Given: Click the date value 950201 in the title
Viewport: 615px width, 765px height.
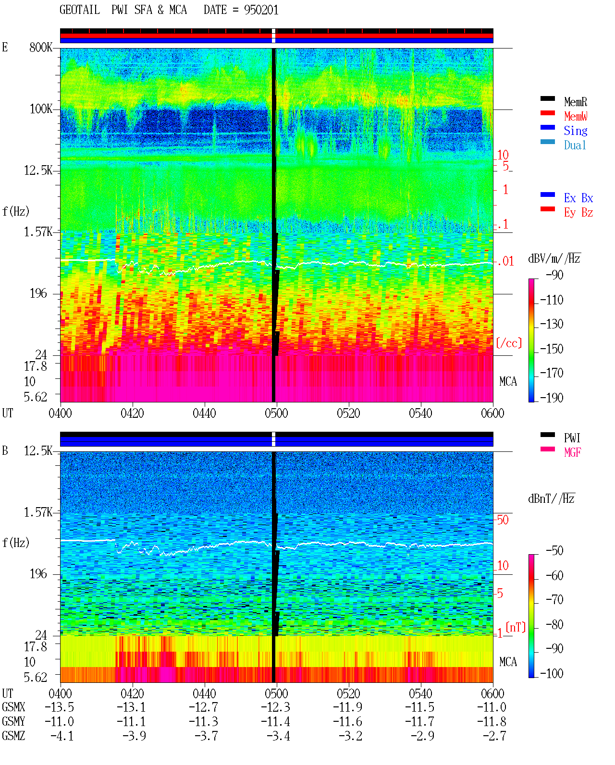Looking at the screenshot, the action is (261, 10).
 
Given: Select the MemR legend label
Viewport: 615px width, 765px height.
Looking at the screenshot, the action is (575, 102).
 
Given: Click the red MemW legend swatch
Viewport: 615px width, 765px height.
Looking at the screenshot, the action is (547, 113).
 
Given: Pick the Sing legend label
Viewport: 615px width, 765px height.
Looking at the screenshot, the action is (575, 131).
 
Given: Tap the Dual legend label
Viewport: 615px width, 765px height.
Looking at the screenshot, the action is (575, 145).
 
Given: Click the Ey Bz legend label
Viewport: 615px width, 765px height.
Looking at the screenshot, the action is (578, 212).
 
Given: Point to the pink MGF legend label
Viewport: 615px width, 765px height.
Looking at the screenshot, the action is (572, 452).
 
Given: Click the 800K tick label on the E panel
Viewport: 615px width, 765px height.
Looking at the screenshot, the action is (41, 47).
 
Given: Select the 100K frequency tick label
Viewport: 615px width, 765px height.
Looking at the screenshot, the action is (41, 109).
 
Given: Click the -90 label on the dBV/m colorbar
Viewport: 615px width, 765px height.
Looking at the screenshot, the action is (554, 275).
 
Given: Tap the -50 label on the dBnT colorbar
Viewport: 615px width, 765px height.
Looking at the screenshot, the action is (554, 551).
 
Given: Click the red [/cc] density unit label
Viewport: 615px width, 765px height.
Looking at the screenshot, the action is (509, 343).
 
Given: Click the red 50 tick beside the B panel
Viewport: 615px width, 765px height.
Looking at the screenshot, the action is (503, 520).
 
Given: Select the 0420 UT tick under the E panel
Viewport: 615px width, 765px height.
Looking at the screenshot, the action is (132, 413).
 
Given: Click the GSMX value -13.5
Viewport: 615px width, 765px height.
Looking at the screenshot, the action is (60, 707).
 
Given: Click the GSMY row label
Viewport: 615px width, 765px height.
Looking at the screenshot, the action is (13, 721).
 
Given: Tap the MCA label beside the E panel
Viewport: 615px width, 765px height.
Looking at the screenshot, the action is (508, 381).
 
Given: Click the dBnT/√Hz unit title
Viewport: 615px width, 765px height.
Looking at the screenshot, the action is (552, 499).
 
